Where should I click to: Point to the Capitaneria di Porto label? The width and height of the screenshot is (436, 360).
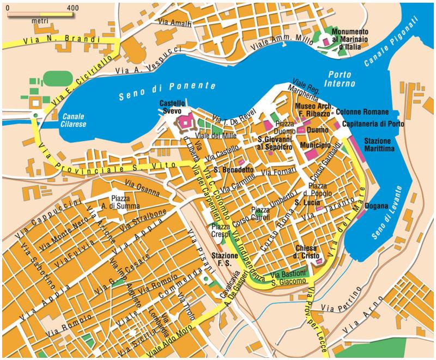(x=373, y=124)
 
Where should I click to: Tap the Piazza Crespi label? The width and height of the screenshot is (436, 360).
(x=221, y=230)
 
